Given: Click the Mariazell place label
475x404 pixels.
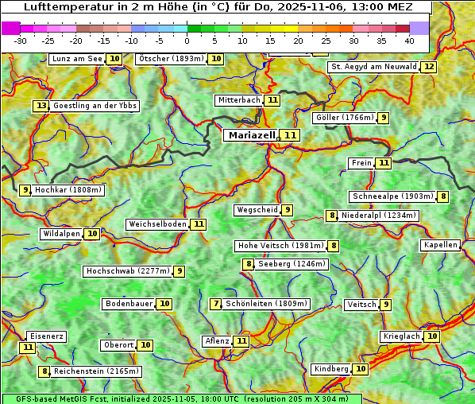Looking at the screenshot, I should click(251, 135).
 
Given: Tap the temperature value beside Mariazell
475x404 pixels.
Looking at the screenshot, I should click(290, 136).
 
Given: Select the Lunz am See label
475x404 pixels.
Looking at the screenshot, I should click(77, 59).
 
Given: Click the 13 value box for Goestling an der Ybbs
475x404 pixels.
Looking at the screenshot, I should click(41, 106).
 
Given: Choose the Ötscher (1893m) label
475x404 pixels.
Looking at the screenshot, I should click(171, 59).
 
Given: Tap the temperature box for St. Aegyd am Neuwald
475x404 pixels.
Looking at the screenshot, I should click(429, 67).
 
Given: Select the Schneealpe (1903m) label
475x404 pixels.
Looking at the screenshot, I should click(392, 196).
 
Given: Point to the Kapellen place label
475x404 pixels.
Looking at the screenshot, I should click(440, 245).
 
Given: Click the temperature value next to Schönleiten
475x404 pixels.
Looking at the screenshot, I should click(216, 304).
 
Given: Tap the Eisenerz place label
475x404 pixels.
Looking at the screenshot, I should click(46, 336).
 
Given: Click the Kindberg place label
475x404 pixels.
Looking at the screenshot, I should click(331, 369).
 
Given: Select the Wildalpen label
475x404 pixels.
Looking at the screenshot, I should click(62, 234).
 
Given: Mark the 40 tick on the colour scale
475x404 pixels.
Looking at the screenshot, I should click(409, 40).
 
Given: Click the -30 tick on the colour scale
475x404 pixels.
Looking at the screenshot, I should click(21, 40).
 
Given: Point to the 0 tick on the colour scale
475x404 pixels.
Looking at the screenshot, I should click(187, 40).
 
